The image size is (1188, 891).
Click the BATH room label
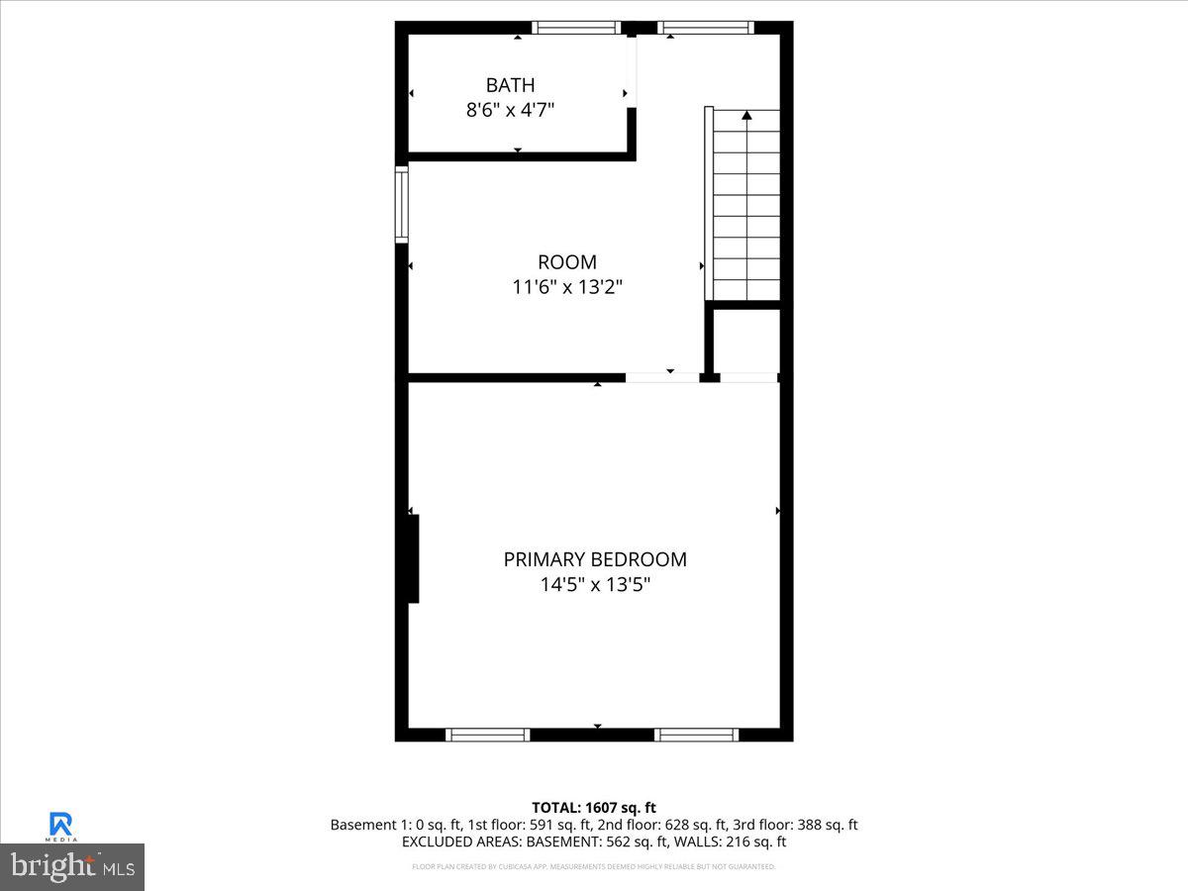click(510, 85)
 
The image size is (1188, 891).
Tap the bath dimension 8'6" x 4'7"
click(510, 110)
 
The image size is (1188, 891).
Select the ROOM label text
click(567, 262)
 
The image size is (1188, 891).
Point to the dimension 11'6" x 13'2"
click(567, 287)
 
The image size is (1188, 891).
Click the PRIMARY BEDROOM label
click(595, 559)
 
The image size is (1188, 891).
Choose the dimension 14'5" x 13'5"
click(595, 584)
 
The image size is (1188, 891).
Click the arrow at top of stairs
click(746, 116)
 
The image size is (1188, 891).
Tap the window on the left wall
click(401, 204)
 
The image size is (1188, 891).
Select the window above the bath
click(576, 28)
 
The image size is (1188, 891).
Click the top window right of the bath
click(706, 28)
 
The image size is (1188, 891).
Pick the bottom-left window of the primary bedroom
click(487, 735)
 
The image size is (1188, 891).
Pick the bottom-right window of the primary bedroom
click(696, 735)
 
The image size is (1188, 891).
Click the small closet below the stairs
click(747, 341)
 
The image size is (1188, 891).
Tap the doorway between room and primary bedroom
click(662, 377)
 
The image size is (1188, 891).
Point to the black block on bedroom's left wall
click(413, 558)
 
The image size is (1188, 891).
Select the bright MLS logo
click(72, 866)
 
